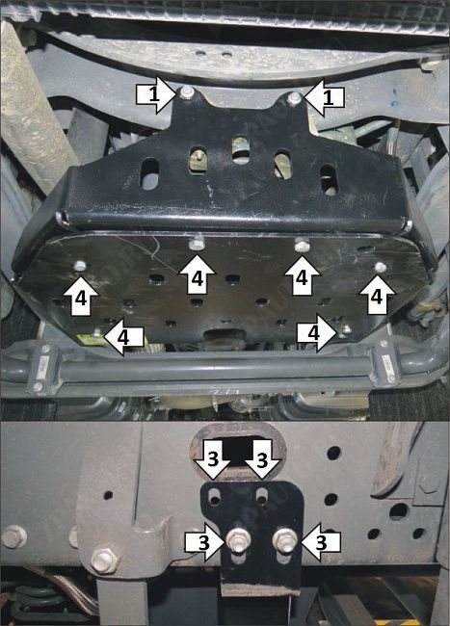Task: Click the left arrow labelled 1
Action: point(156,95)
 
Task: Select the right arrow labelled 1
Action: point(324,97)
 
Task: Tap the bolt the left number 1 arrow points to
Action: point(186,92)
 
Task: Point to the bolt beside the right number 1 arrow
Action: point(295,97)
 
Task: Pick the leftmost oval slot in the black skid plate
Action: point(150,173)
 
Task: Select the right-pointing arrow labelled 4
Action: point(317,333)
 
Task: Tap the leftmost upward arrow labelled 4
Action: point(81,296)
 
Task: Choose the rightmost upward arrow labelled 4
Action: point(377,295)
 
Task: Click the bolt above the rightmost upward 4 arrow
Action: point(381,267)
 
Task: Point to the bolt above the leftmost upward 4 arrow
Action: point(80,266)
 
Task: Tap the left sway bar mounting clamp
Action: point(42,368)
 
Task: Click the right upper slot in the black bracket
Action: point(262,496)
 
